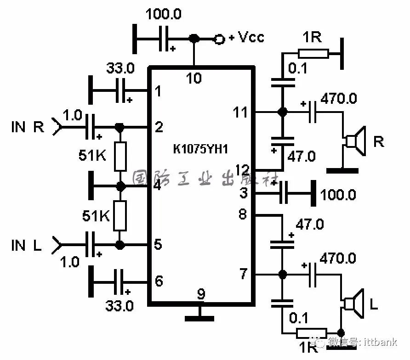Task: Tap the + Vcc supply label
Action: pos(246,37)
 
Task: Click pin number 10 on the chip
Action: pos(194,79)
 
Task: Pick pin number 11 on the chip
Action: pos(240,112)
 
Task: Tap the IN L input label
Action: pos(27,245)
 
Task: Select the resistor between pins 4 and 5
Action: pos(120,216)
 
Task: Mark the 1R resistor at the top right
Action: pos(313,54)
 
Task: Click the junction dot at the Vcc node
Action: pos(194,39)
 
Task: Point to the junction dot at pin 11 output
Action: pos(282,112)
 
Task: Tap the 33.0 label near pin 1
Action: pos(120,69)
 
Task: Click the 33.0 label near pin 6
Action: pos(120,305)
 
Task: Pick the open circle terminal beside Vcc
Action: pos(220,39)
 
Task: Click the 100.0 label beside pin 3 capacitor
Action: pos(338,195)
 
